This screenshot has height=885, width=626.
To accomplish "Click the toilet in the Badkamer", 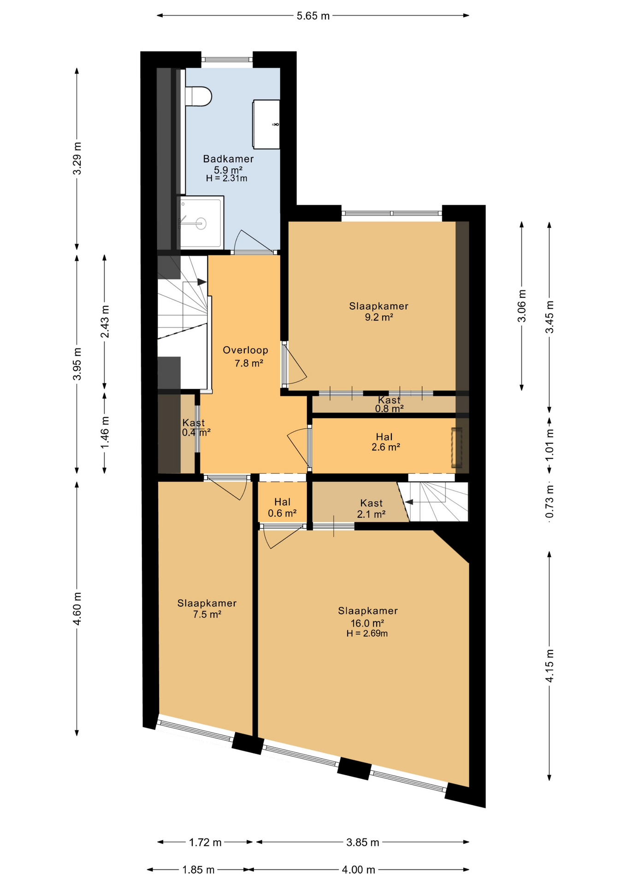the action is click(198, 96).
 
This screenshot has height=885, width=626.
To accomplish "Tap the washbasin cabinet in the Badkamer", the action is click(266, 124).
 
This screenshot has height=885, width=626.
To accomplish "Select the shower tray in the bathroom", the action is click(200, 223).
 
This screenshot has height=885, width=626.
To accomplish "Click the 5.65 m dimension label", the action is click(313, 16).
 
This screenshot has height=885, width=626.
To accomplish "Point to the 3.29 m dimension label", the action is click(77, 158).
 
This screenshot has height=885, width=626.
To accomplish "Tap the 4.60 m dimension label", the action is click(77, 609).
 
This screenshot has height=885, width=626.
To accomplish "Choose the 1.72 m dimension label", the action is click(205, 843).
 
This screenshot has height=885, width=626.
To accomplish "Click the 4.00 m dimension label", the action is click(358, 870).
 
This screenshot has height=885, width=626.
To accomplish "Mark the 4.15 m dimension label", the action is click(549, 666).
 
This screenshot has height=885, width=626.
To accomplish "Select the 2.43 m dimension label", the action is click(105, 321).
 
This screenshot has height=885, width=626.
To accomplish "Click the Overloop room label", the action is click(245, 350).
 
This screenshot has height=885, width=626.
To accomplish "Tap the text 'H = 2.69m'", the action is click(367, 633).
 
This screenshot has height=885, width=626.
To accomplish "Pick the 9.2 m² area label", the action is click(379, 317).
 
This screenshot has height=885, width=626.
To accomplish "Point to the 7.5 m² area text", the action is click(207, 614).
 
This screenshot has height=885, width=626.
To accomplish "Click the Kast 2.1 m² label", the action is click(371, 508).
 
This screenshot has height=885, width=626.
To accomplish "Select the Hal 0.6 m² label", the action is click(282, 507).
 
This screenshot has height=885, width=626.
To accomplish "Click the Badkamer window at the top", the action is click(227, 59).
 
